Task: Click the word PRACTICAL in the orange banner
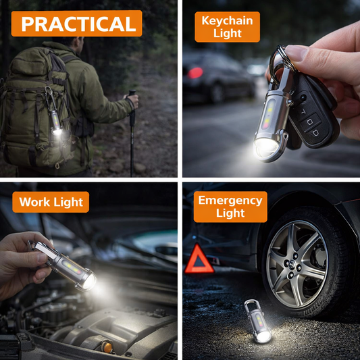(x=78, y=24)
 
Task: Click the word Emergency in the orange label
(x=230, y=201)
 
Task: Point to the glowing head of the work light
(x=87, y=280)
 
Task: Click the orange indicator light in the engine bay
(x=107, y=347)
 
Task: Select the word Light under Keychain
(x=227, y=34)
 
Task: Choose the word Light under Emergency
(x=230, y=214)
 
